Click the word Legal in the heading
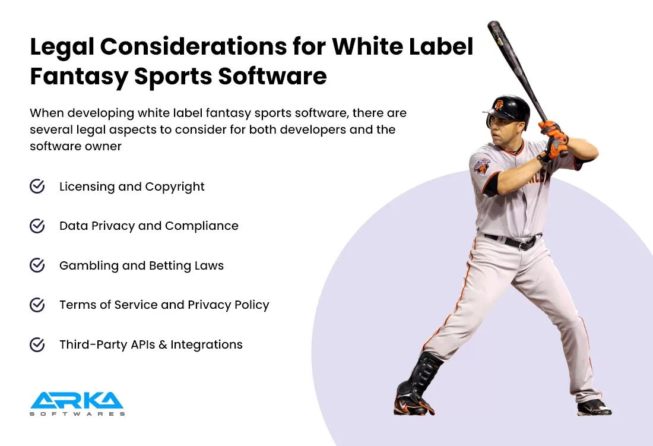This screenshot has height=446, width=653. point(62,47)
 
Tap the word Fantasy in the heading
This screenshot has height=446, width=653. point(79,77)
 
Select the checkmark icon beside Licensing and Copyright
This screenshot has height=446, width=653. point(37,186)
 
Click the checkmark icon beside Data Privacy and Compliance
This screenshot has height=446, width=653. point(37,226)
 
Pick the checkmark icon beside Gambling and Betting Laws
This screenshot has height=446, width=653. point(37,265)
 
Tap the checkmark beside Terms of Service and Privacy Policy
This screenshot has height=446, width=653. point(37,305)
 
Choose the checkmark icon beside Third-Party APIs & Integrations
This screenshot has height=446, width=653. point(37,344)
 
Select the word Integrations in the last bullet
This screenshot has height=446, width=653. point(207,345)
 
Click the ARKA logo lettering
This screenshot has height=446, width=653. point(77,400)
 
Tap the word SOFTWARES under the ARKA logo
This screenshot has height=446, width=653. point(77,414)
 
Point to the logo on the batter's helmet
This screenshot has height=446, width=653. point(499,104)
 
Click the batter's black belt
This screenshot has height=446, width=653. point(513,241)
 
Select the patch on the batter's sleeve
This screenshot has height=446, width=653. point(481,165)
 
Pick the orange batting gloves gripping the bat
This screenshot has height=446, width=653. point(554,140)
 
